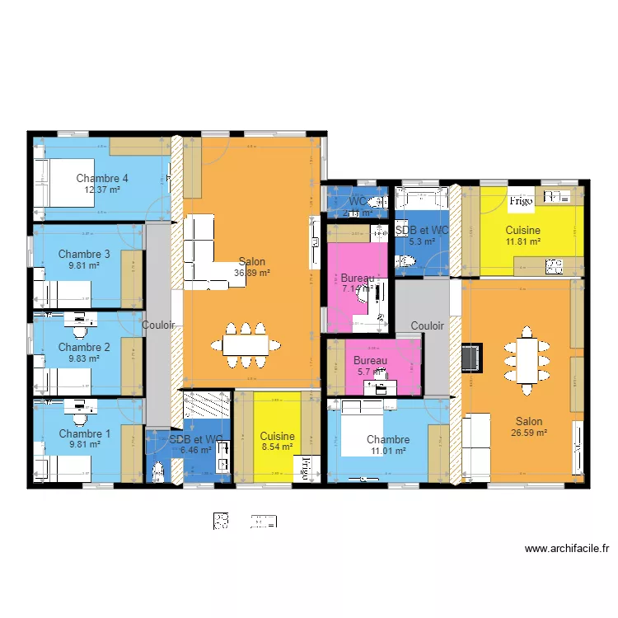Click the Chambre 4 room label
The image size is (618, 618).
click(x=102, y=178)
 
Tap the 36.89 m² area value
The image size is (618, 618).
click(x=252, y=273)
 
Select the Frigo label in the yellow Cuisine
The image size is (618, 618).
click(x=521, y=200)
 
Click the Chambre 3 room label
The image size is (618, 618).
click(x=84, y=254)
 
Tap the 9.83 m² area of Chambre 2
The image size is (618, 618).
click(x=84, y=358)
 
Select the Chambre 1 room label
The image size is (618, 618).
click(x=84, y=433)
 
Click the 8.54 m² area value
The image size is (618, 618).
click(x=277, y=447)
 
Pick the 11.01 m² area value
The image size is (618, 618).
click(x=388, y=451)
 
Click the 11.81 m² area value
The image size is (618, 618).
click(x=523, y=241)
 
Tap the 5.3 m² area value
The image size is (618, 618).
click(x=421, y=241)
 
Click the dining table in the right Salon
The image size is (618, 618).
click(x=527, y=355)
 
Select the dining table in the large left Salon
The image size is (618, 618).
click(x=246, y=344)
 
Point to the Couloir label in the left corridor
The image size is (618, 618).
click(x=158, y=325)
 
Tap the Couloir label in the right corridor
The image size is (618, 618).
click(x=428, y=325)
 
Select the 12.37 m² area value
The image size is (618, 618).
click(x=102, y=190)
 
